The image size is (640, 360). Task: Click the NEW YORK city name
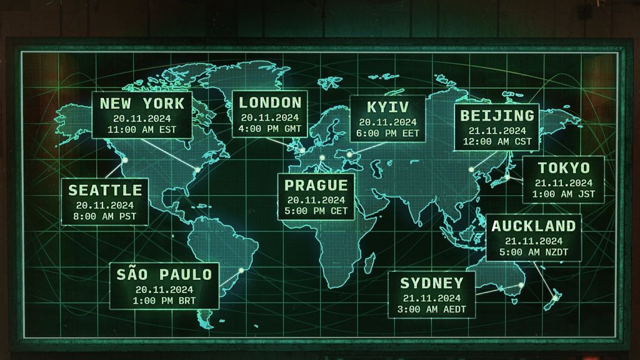coord(142,103)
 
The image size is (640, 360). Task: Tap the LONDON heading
coord(270,102)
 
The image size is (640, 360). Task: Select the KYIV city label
coord(387,106)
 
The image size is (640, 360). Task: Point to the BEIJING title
coord(497,116)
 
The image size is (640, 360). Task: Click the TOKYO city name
coord(564,167)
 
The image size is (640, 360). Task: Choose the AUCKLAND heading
coord(534,226)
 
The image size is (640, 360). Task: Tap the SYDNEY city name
coord(432,282)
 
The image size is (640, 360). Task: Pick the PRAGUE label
coord(316,185)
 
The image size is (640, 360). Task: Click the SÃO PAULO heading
coord(164,274)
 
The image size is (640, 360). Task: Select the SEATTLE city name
coord(105,190)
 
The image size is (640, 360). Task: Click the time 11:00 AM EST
coord(142,130)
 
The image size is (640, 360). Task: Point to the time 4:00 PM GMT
coord(270,129)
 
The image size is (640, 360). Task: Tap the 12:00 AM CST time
coord(497,142)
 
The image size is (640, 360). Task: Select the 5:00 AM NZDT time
coord(534,252)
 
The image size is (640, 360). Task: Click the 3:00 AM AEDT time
coord(432,309)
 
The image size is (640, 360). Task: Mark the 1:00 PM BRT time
coord(164,301)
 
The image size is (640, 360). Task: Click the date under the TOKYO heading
coord(564,183)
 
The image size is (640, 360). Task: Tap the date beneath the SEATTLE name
coord(105,205)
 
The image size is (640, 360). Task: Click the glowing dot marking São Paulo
coord(241,271)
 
